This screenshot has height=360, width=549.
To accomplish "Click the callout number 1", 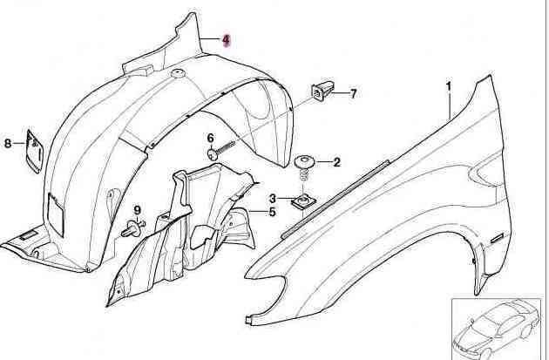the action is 449,86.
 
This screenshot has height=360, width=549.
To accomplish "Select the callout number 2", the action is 336,162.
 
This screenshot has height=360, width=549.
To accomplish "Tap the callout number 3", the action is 273,199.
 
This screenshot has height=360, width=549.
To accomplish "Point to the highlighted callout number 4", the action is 226,40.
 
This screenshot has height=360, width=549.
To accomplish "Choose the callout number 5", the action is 272,212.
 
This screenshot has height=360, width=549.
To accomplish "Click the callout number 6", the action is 210,139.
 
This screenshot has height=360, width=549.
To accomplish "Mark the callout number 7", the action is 353,94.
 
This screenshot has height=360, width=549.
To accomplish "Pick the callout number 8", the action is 8,143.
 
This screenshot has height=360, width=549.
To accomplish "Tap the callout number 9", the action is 137,210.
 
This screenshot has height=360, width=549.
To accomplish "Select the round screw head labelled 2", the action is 304,162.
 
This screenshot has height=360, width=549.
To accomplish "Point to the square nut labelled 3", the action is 303,202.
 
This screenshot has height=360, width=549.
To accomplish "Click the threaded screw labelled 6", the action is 221,150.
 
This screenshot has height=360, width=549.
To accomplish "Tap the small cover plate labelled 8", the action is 34,151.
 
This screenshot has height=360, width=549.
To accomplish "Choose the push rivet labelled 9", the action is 132,228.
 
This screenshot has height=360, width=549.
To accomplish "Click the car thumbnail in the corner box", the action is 497,329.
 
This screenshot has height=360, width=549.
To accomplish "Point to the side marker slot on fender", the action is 496,239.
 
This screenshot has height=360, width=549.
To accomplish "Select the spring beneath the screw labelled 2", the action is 304,174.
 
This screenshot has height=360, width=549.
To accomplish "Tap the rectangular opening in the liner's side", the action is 55,214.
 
